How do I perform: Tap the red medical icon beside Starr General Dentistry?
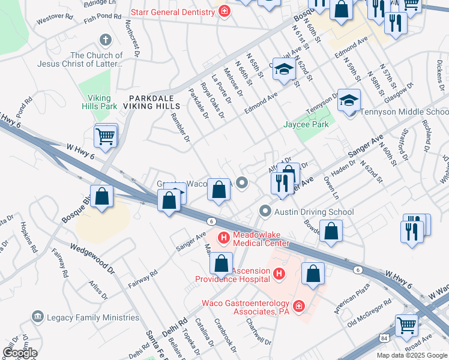pyautogui.click(x=224, y=11)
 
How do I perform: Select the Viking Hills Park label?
pyautogui.click(x=100, y=101)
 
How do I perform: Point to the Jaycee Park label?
pyautogui.click(x=306, y=125)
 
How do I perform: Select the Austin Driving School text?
pyautogui.click(x=315, y=212)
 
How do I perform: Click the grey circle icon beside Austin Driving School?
pyautogui.click(x=265, y=211)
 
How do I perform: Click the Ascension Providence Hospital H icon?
pyautogui.click(x=278, y=274)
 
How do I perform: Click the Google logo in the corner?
pyautogui.click(x=20, y=352)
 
